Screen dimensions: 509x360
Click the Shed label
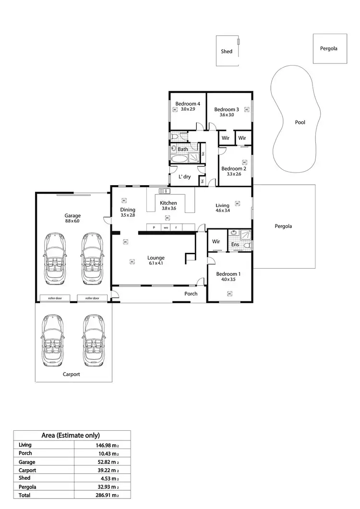227,51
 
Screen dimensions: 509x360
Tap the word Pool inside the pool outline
300,122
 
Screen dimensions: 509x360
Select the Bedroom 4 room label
188,104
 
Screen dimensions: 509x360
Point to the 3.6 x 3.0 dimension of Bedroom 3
227,115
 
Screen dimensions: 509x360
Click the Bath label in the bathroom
183,149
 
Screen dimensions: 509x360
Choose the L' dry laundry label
185,177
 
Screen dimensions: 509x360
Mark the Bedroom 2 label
234,168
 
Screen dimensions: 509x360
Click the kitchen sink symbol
162,191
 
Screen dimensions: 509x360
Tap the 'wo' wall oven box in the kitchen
166,227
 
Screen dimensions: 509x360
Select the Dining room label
128,210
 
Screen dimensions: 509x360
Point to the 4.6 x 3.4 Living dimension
222,211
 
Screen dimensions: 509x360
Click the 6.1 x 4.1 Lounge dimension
156,263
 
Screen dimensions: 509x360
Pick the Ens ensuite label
235,245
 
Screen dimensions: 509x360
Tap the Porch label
191,294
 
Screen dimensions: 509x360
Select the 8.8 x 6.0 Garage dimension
73,221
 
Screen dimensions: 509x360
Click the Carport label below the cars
71,374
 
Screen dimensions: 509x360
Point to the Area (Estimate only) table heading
72,436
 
